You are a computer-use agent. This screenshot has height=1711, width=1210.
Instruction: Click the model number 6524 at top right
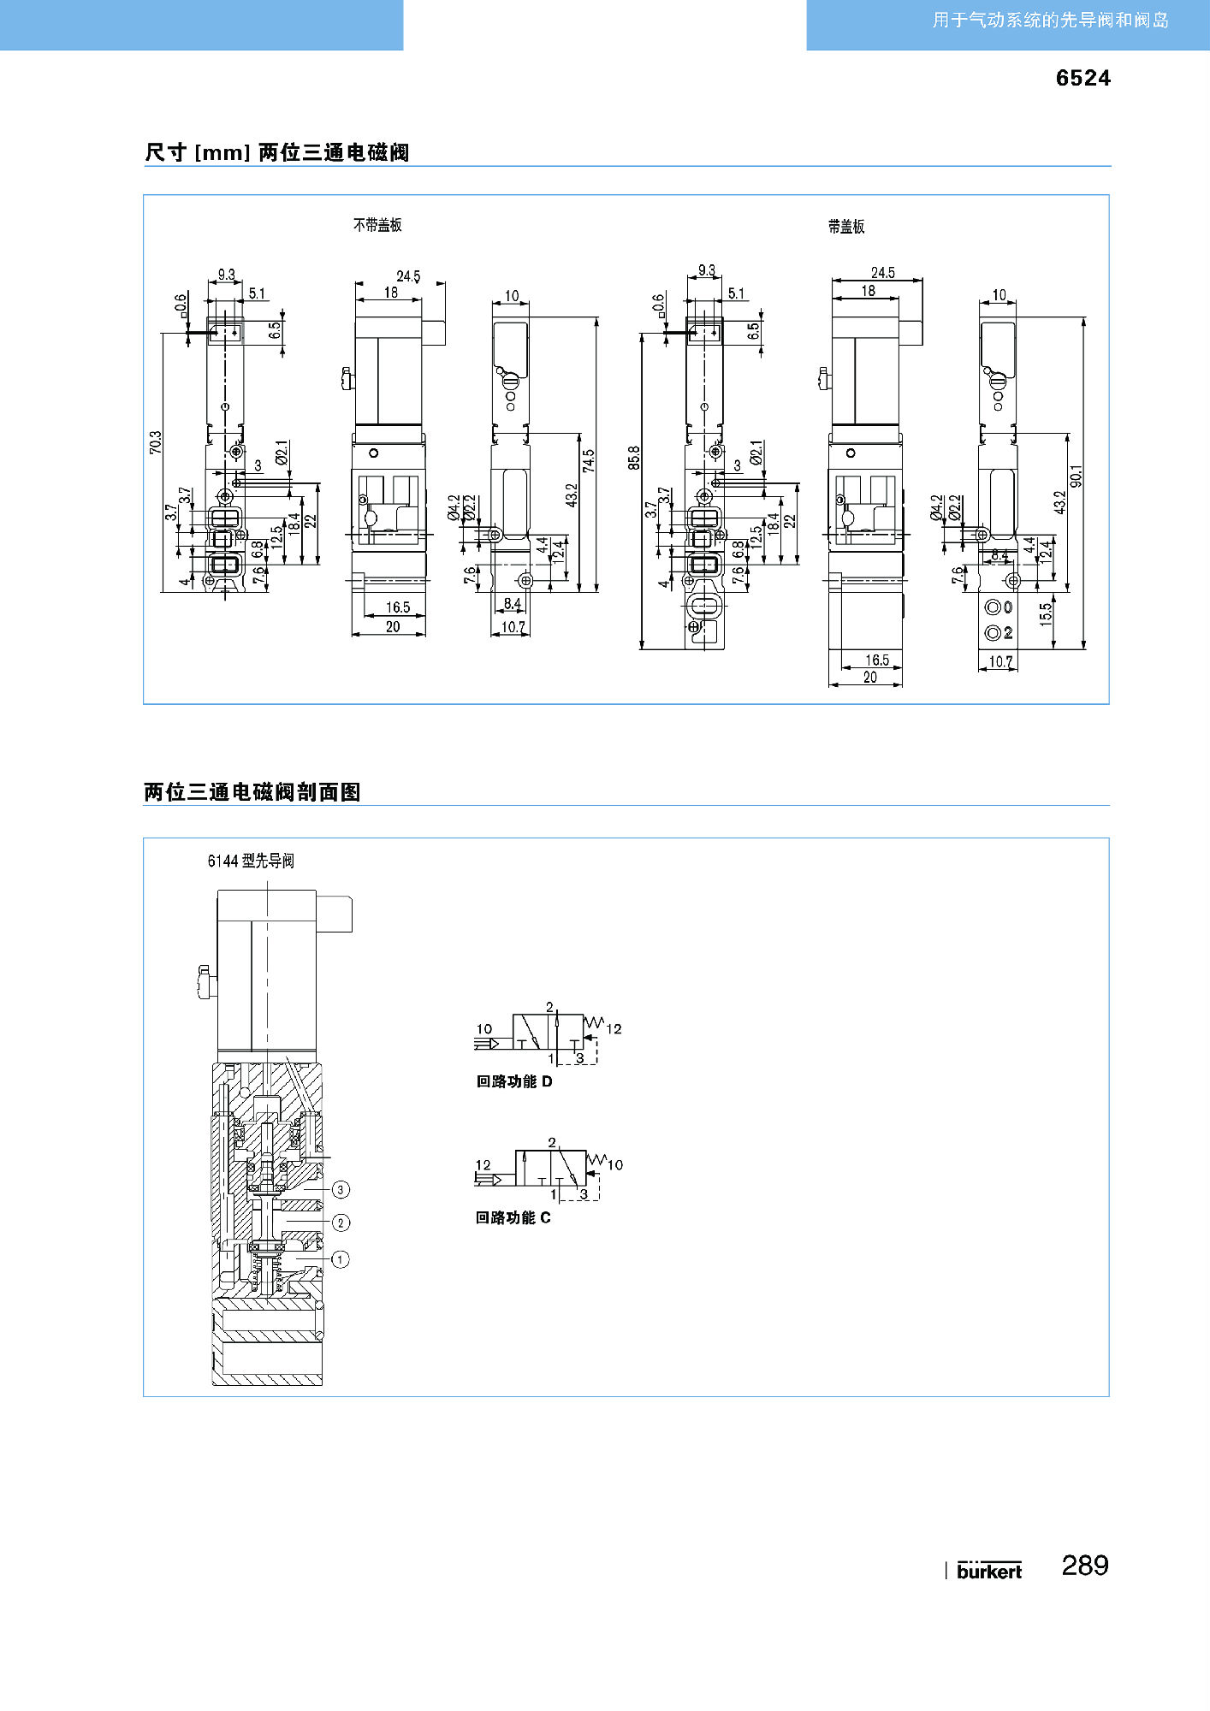point(1082,78)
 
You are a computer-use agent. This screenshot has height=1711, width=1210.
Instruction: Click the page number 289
point(1085,1566)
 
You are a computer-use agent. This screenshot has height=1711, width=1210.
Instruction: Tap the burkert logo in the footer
point(989,1571)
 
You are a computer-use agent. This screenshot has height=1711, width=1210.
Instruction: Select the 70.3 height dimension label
point(156,442)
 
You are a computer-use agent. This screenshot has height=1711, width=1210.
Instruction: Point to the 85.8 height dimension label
point(634,458)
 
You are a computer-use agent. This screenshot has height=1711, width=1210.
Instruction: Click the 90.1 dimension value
point(1077,477)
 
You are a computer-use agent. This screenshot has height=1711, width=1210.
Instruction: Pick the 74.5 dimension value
point(589,461)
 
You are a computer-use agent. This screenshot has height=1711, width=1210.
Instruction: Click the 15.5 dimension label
point(1046,614)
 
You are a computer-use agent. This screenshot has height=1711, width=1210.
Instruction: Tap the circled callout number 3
point(341,1189)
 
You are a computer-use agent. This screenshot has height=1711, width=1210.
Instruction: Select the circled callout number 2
point(341,1223)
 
